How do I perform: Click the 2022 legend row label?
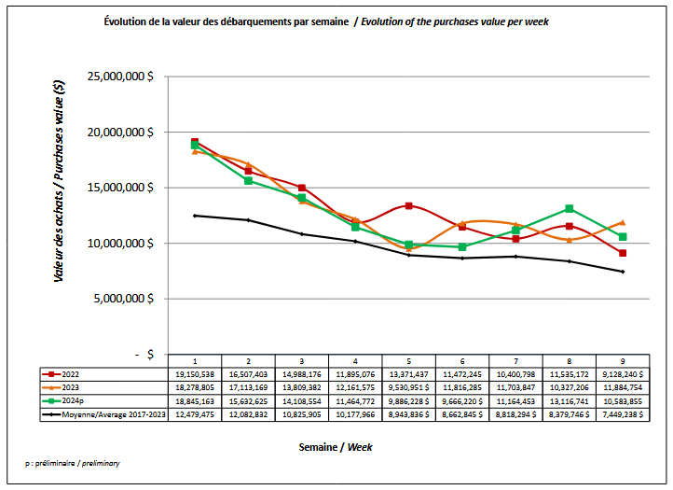75,372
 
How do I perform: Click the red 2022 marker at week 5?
408,205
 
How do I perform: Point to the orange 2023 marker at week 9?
623,222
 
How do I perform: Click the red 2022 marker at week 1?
195,142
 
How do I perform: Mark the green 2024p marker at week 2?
248,180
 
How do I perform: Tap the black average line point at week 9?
623,272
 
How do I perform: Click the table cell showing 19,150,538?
195,372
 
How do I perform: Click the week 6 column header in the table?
462,359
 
